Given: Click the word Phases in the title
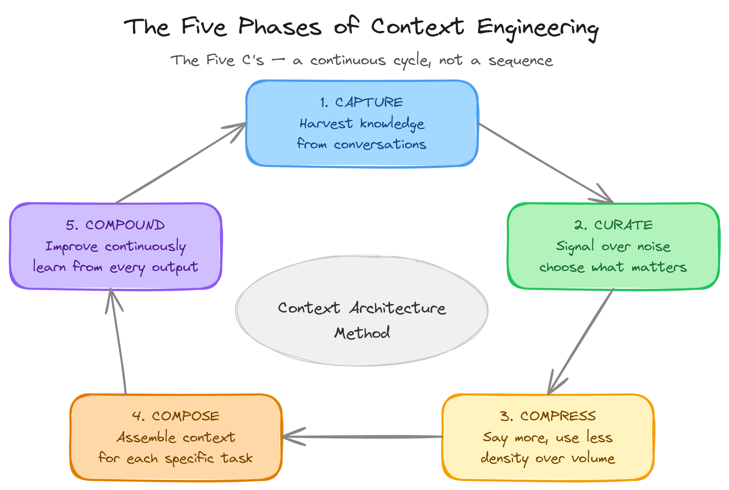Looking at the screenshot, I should coord(280,27).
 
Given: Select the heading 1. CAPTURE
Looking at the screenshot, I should coord(361,102).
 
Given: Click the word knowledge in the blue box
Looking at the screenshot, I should coord(392,124).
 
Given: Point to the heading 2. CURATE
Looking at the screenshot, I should coord(613,225).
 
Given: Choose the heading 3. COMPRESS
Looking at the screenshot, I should coord(548,416).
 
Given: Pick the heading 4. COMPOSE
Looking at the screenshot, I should coord(176,416).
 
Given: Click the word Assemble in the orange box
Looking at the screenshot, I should coord(146,437).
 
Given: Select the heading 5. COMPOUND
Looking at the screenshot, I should coord(115,225).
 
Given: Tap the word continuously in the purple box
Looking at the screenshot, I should coord(145,247).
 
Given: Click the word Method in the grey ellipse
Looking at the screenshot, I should coord(362,333).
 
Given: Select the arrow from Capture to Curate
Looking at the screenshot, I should coord(545,163).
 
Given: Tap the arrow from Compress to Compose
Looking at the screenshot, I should coord(362,437).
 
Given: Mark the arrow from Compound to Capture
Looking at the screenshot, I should coord(181,163).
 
